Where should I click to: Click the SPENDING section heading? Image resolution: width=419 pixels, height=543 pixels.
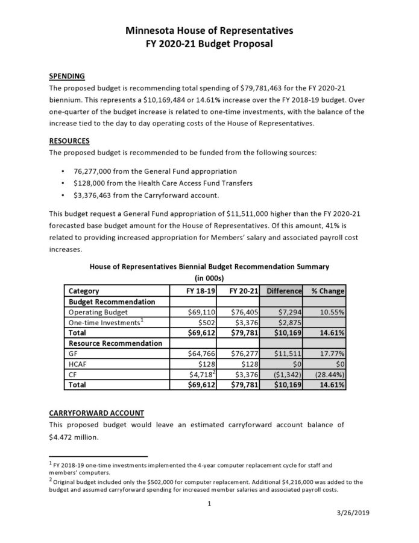[x=66, y=76]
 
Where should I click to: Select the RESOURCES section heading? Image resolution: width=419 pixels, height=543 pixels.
[x=69, y=141]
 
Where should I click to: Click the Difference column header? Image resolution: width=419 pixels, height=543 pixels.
[x=283, y=291]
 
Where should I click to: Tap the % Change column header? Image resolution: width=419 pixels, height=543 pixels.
[x=327, y=291]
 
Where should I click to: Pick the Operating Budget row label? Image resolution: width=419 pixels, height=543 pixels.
[x=98, y=312]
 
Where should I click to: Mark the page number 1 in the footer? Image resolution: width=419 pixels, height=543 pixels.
[x=207, y=503]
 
